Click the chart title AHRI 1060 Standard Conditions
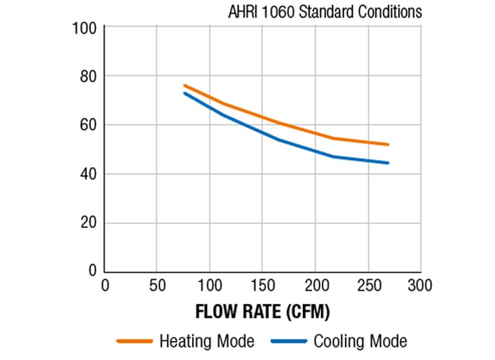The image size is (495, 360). [325, 12]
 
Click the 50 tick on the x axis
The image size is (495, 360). [157, 286]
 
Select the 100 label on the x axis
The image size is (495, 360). [210, 286]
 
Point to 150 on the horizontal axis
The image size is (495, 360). [262, 286]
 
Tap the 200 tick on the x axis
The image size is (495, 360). [315, 286]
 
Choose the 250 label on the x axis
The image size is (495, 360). [367, 286]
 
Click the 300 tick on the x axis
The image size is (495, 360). [420, 286]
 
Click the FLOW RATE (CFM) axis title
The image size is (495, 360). [262, 311]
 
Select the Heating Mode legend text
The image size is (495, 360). [207, 342]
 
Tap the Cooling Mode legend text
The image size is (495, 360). [360, 342]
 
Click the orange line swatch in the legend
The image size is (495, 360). [135, 342]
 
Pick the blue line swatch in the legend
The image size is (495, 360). [288, 342]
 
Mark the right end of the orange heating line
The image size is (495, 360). [388, 145]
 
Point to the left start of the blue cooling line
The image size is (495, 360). [185, 93]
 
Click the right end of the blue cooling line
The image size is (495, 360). [388, 163]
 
